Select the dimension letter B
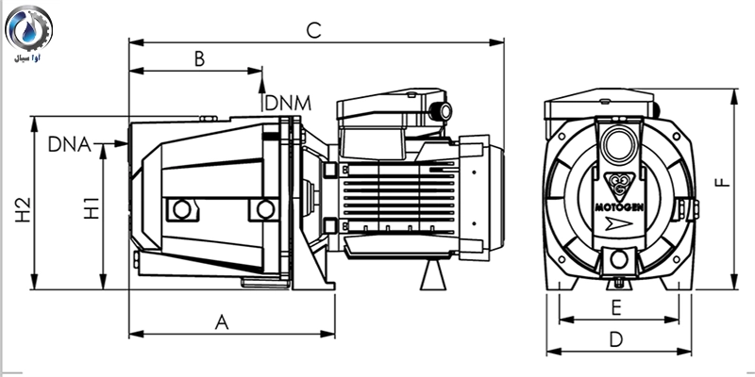point(199,58)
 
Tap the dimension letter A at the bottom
point(223,321)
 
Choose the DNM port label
point(289,102)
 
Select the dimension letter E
point(615,307)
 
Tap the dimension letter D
point(616,338)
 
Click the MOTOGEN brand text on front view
point(619,200)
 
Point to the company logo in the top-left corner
point(30,33)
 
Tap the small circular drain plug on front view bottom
point(619,259)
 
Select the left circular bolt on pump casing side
point(180,208)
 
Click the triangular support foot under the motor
point(435,276)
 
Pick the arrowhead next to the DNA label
point(122,144)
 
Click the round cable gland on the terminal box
point(439,114)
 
